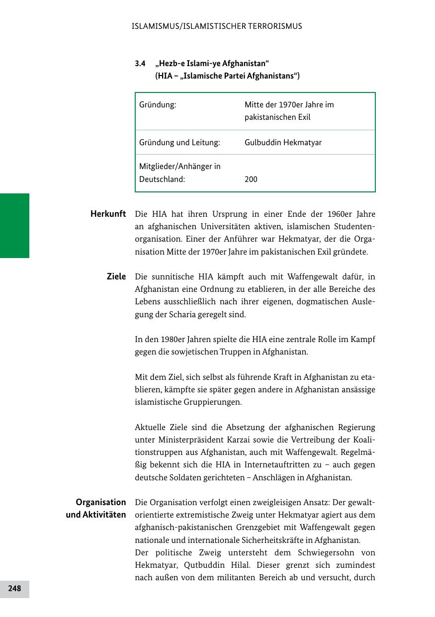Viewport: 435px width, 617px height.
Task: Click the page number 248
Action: (14, 589)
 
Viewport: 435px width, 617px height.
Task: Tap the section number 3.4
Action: (140, 64)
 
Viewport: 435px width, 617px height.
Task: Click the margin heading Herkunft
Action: (108, 214)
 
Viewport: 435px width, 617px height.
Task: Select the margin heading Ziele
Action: (116, 276)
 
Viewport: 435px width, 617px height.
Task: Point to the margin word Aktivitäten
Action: (96, 515)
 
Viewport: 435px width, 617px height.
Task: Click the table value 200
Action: (251, 179)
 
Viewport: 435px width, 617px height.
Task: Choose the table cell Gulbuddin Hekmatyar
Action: (283, 143)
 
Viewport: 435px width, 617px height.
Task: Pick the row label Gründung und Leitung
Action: (179, 143)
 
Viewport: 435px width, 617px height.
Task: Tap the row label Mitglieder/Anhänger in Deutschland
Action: (179, 173)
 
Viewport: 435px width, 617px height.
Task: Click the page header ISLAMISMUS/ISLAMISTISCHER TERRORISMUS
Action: (217, 26)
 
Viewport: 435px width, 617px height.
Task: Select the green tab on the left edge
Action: (14, 226)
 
